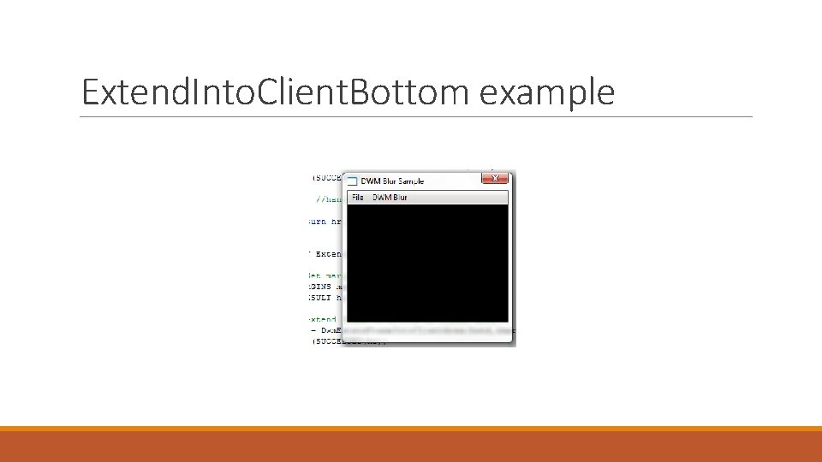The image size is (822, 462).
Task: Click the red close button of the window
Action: (495, 179)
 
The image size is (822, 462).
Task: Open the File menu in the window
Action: (358, 198)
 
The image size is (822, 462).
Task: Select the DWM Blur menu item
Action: (390, 198)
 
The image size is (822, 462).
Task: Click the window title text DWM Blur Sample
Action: (392, 181)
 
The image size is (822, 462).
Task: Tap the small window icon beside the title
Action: (351, 181)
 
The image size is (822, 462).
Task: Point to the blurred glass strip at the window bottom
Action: (428, 332)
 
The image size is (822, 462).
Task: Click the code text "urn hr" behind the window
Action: (325, 221)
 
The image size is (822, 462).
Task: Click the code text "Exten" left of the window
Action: (328, 254)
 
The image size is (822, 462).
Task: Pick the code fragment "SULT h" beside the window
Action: (325, 298)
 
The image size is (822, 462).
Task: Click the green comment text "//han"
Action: (329, 199)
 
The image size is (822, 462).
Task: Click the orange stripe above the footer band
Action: (411, 429)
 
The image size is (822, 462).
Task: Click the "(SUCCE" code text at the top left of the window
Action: (326, 178)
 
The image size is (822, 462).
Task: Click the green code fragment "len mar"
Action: (325, 275)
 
